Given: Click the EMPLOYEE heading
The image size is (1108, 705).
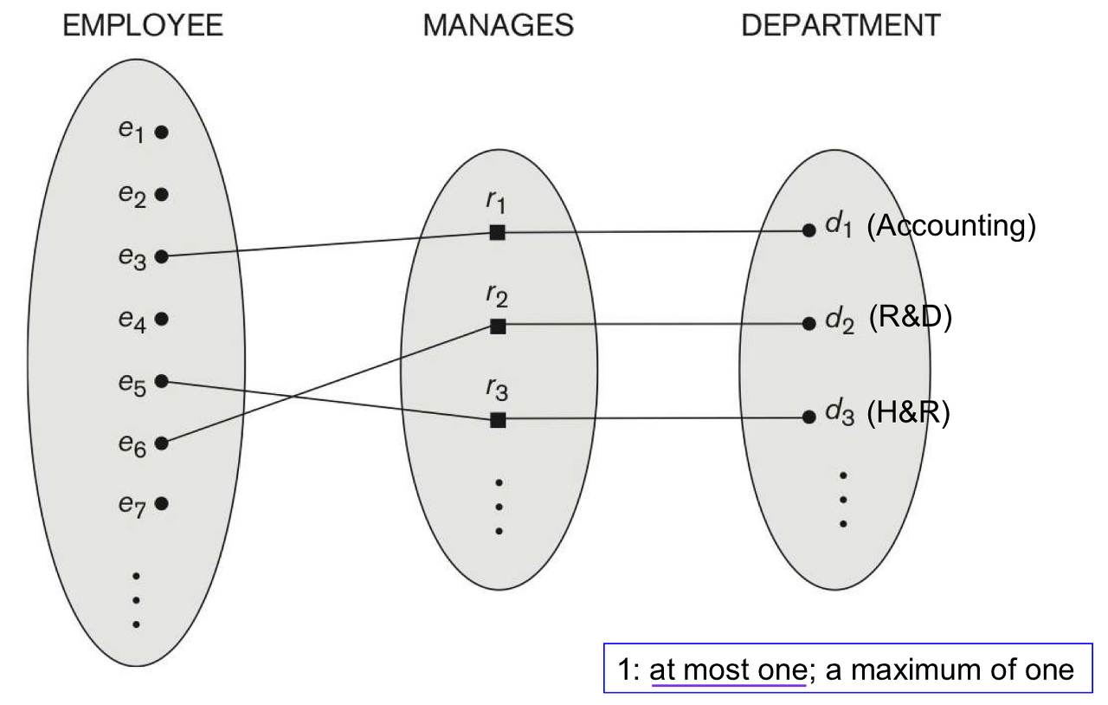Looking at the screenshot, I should click(x=143, y=25).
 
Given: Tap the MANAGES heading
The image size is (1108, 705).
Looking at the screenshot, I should click(x=498, y=25).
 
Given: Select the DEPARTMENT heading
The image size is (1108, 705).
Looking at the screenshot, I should click(x=841, y=25).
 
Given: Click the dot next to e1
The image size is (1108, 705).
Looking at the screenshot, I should click(x=161, y=133).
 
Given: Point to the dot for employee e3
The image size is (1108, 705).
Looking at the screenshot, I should click(x=161, y=256).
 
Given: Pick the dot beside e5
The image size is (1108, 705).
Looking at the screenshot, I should click(x=161, y=381).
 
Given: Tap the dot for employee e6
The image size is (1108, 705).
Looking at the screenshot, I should click(x=161, y=443).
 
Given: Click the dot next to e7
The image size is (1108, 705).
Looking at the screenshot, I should click(x=161, y=503).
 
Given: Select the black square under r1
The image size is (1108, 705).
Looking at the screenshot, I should click(x=497, y=232).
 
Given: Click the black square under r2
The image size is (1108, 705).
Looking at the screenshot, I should click(x=497, y=327).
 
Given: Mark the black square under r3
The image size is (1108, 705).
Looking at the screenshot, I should click(x=497, y=420).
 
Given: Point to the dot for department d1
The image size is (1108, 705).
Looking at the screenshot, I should click(x=808, y=230).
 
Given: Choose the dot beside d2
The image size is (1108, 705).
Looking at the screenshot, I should click(x=808, y=324).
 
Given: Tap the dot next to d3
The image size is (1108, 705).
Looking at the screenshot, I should click(x=808, y=417).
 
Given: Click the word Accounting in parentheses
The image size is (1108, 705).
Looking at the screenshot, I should click(x=950, y=227).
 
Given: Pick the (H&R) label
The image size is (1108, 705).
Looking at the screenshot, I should click(x=908, y=414).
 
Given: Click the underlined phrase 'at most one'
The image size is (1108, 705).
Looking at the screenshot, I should click(x=727, y=669).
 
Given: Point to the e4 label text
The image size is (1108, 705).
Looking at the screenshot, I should click(x=131, y=320).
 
